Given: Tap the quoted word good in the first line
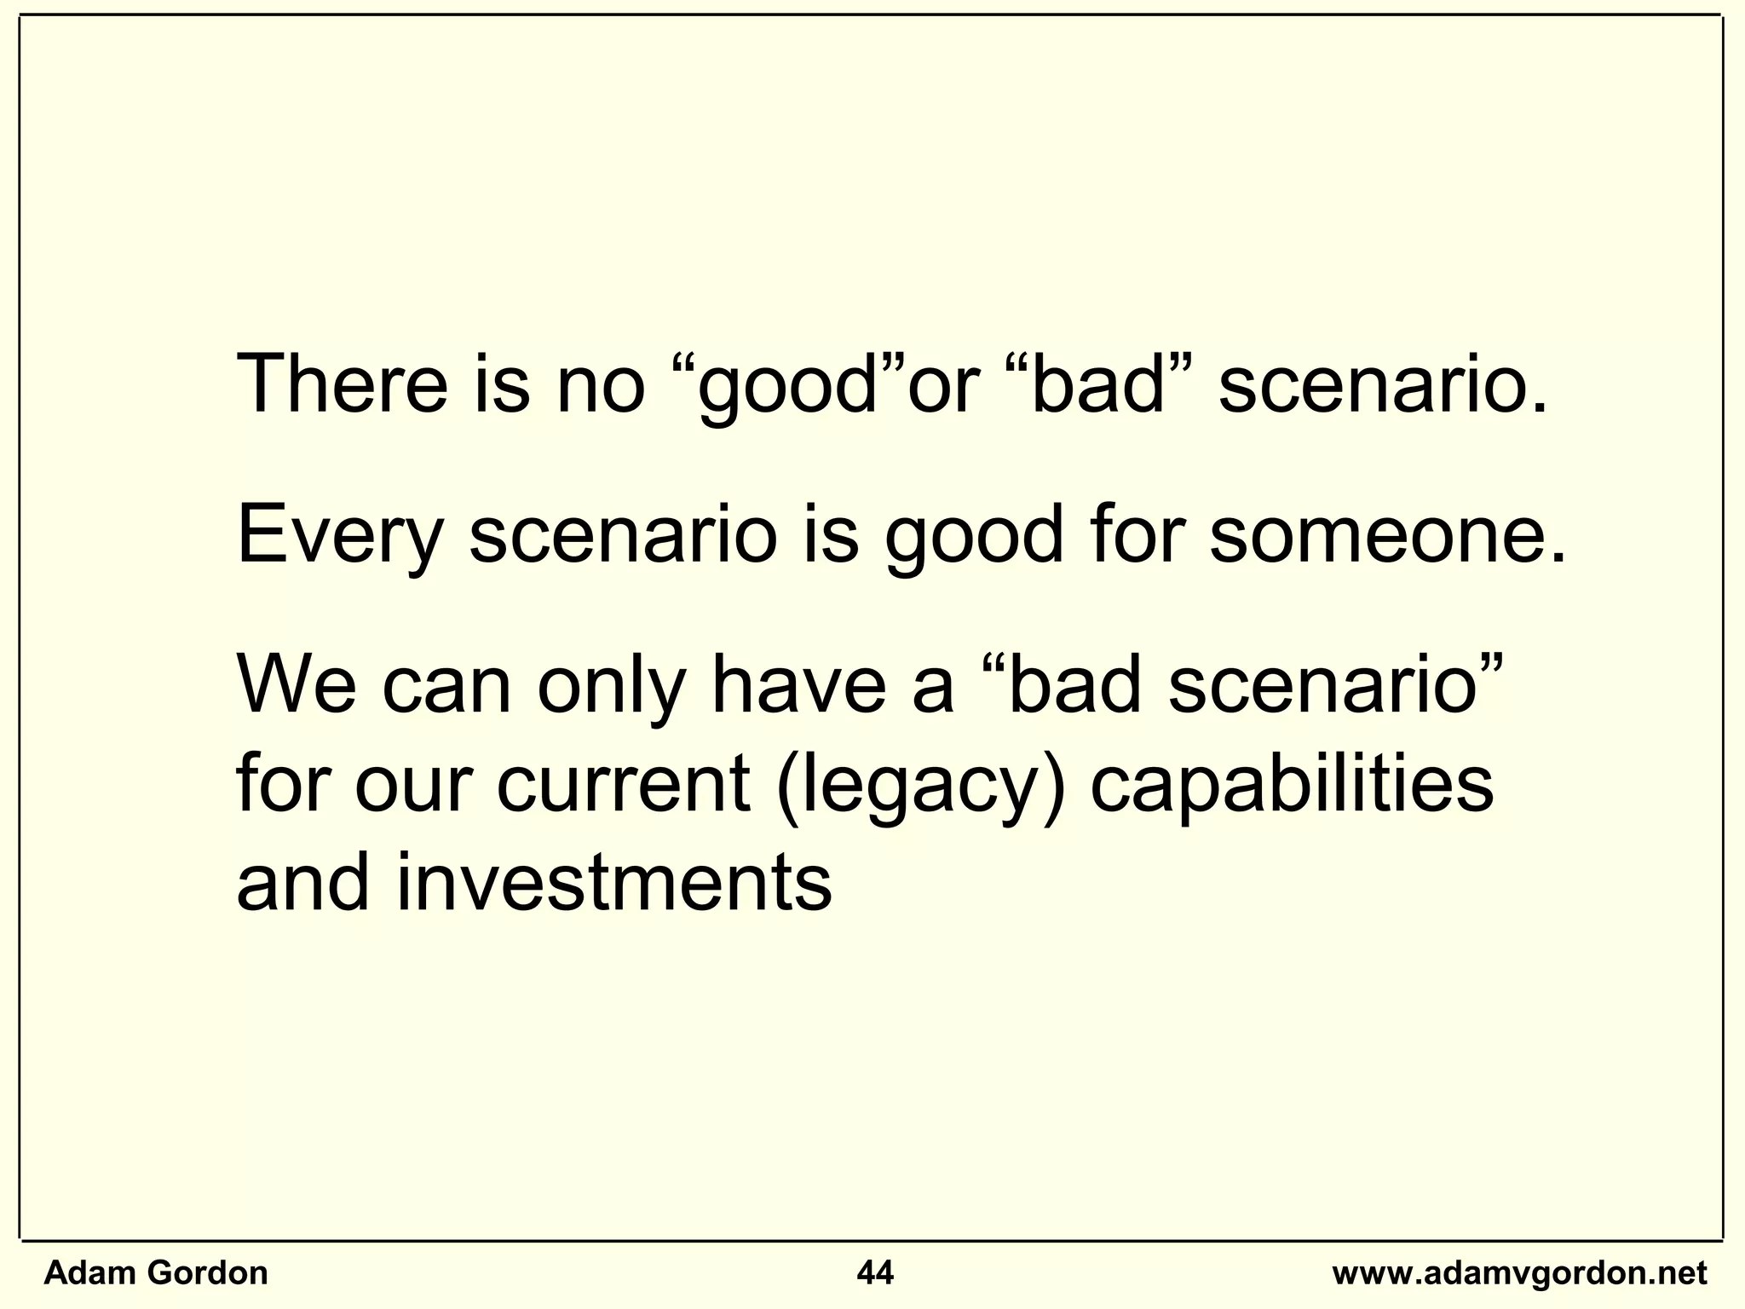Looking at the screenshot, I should coord(787,388).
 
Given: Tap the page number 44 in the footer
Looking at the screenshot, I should coord(875,1273).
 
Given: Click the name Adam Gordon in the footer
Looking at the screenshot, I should coord(155,1273).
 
